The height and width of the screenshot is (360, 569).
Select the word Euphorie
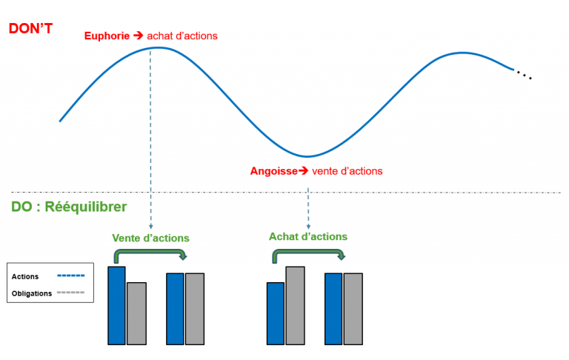[x=107, y=36]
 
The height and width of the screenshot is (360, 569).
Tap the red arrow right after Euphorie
[x=137, y=36]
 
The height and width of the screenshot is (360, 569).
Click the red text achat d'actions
[x=182, y=36]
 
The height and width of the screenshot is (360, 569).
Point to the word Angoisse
[x=273, y=171]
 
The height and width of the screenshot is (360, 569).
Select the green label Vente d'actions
[x=150, y=238]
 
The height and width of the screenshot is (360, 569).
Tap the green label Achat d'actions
[x=307, y=236]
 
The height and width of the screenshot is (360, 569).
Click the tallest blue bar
[x=116, y=305]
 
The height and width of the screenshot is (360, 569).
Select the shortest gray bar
[x=136, y=313]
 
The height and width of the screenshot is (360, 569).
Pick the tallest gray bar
[x=295, y=304]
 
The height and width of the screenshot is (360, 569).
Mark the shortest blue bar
[x=276, y=313]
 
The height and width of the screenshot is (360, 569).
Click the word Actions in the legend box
[x=25, y=276]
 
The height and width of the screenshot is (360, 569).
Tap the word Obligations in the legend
[x=32, y=293]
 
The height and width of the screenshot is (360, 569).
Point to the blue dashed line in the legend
[x=70, y=276]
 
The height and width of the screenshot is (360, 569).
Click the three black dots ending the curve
[x=524, y=76]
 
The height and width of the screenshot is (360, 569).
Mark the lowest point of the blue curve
[x=307, y=156]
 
